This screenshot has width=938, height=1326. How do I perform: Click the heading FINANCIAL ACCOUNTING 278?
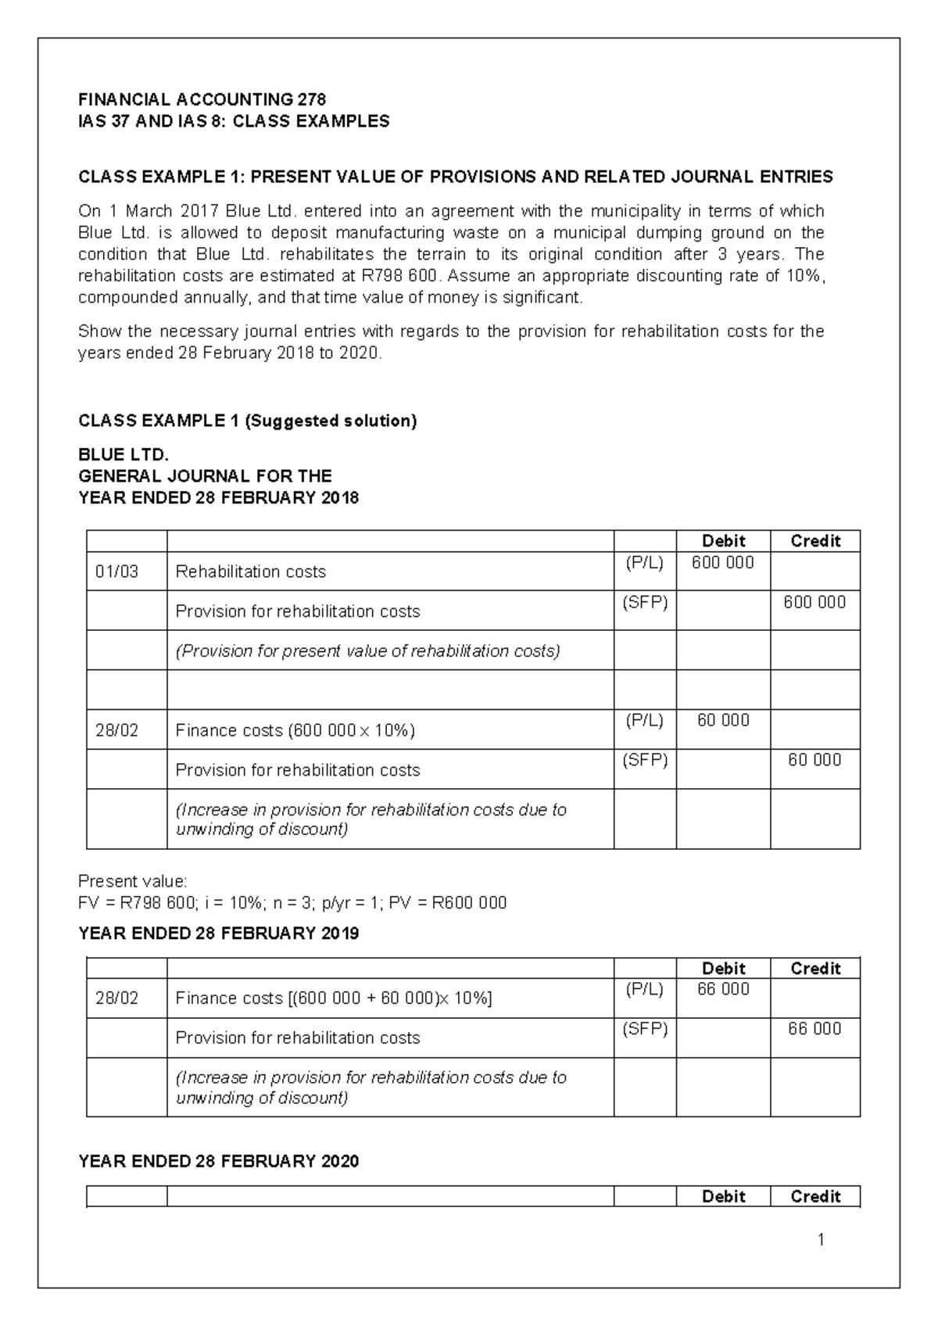[202, 99]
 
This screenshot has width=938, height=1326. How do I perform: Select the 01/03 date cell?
[116, 572]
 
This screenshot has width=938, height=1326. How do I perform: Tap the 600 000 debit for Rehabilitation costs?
[722, 563]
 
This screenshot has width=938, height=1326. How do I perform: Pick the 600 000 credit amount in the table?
[814, 602]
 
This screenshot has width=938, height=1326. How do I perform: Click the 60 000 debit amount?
[722, 720]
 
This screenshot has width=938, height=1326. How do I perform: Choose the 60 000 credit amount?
[814, 760]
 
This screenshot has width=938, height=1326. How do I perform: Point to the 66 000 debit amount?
[722, 989]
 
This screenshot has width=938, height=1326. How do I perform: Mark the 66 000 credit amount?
[814, 1029]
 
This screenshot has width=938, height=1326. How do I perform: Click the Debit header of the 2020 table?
[723, 1196]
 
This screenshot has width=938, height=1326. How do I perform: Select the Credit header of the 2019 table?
[815, 968]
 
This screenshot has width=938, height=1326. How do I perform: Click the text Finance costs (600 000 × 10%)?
[295, 730]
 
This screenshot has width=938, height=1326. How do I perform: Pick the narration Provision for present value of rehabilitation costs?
[367, 651]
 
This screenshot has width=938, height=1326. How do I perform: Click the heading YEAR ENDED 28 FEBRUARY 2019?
[219, 934]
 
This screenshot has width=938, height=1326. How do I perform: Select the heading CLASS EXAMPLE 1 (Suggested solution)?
[248, 421]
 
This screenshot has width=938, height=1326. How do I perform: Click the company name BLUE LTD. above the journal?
[124, 455]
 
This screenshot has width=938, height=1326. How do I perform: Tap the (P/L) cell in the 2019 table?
[644, 989]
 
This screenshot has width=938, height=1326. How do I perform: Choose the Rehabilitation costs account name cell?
[250, 572]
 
